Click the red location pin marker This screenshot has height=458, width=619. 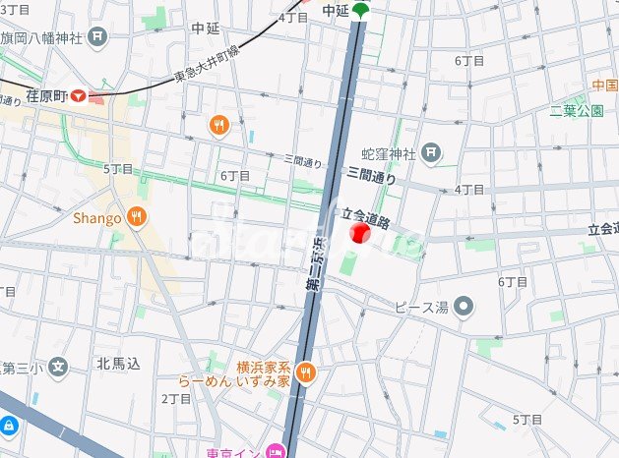pos(359,233)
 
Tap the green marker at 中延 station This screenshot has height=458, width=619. pos(361,10)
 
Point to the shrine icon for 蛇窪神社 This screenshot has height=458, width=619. pos(431,152)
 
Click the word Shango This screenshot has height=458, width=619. pos(96,217)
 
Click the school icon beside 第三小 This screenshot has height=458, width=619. pos(59,370)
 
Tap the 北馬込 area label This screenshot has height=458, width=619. pos(118,364)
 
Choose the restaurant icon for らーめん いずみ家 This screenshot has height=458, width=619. pos(306,372)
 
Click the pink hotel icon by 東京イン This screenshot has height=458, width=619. pos(275,453)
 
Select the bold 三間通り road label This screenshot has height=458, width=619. pos(371,177)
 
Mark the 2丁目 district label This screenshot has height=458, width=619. pos(176,398)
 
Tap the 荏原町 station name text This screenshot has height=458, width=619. pos(46,96)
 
